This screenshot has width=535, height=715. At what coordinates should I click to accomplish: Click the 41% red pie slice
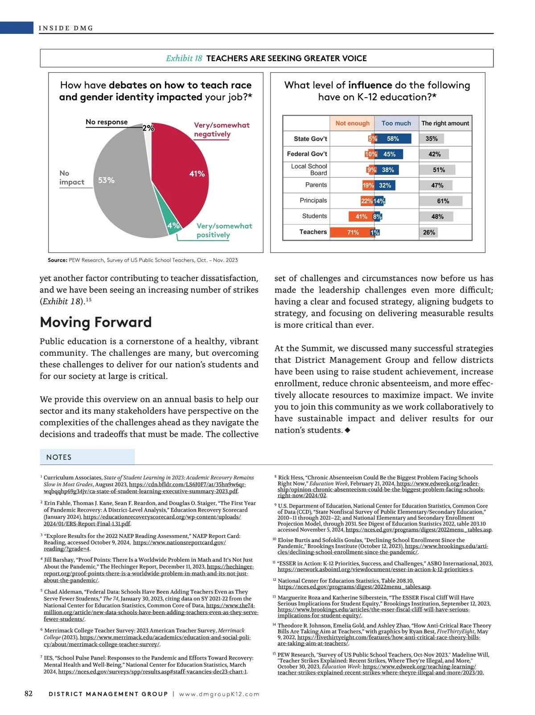pos(183,169)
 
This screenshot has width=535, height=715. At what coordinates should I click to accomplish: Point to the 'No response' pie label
pos(107,122)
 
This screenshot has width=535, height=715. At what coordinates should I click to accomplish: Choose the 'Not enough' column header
pos(352,123)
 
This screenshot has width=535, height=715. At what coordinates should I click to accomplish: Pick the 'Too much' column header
pos(396,123)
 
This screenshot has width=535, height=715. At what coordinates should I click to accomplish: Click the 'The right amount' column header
pos(445,123)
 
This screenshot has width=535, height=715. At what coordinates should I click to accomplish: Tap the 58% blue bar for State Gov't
pos(393,139)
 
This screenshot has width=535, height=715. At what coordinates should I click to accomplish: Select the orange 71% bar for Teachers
pos(353,232)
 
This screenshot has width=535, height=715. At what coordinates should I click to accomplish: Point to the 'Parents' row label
pos(316,185)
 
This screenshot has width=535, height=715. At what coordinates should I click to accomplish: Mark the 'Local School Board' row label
pos(309,169)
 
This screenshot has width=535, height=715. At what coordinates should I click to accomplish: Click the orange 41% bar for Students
pos(361,217)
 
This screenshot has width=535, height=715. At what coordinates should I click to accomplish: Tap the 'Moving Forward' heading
pos(96,322)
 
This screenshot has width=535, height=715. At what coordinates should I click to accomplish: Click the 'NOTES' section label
pos(59,457)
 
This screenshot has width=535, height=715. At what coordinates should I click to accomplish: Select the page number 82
pos(29,693)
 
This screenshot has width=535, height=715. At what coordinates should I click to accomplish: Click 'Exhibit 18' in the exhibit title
pos(184,58)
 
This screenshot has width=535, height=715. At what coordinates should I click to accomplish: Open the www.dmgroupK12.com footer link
pos(219,694)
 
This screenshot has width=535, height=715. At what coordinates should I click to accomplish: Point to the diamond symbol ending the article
pos(348,430)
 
